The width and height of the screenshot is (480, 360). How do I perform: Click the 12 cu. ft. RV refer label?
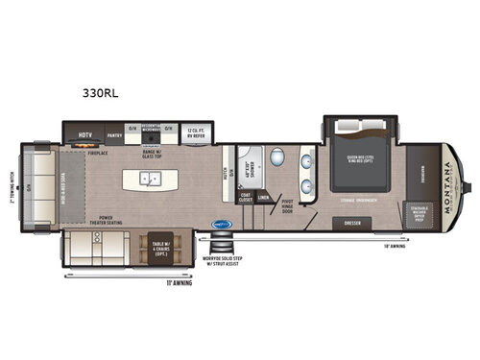point(196,132)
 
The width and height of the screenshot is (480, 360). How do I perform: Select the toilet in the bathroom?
point(276,156)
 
